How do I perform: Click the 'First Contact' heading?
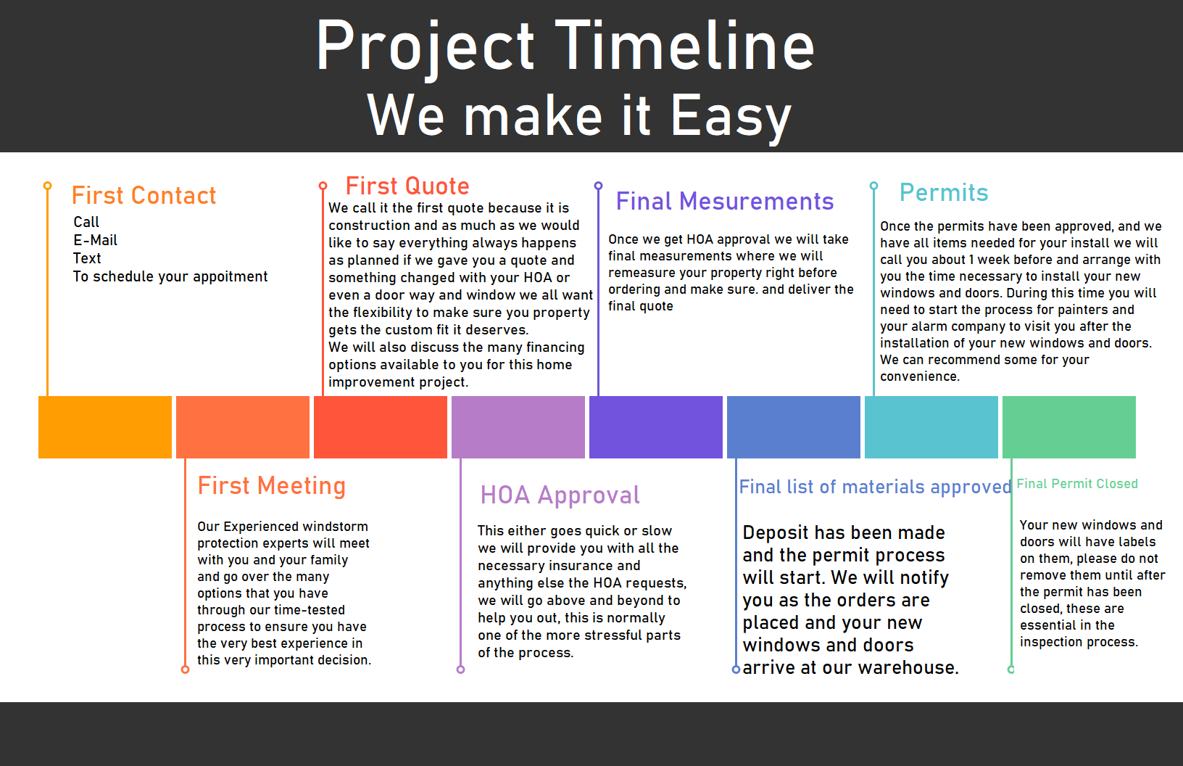coord(144,195)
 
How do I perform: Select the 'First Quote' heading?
coord(407,186)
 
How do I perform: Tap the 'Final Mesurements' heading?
coord(725,201)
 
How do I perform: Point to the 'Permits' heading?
coord(944,192)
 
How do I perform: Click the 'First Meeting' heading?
coord(271,486)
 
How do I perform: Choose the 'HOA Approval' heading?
coord(560,496)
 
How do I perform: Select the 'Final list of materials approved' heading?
coord(875,487)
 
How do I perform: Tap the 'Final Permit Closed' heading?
coord(1077,484)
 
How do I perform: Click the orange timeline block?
coord(105,427)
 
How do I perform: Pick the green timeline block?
coord(1069,427)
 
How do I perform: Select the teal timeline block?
coord(931,427)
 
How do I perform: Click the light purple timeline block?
coord(518,427)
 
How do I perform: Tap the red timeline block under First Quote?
coord(381,427)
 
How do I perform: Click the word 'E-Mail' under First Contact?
coord(95,240)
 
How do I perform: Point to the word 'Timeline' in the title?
coord(684,46)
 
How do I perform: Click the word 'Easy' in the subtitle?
coord(731,116)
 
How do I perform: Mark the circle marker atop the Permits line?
coord(873,186)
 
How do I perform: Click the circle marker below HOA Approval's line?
coord(460,670)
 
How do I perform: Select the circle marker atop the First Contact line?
coord(48,186)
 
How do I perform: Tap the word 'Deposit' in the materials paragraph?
coord(775,533)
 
